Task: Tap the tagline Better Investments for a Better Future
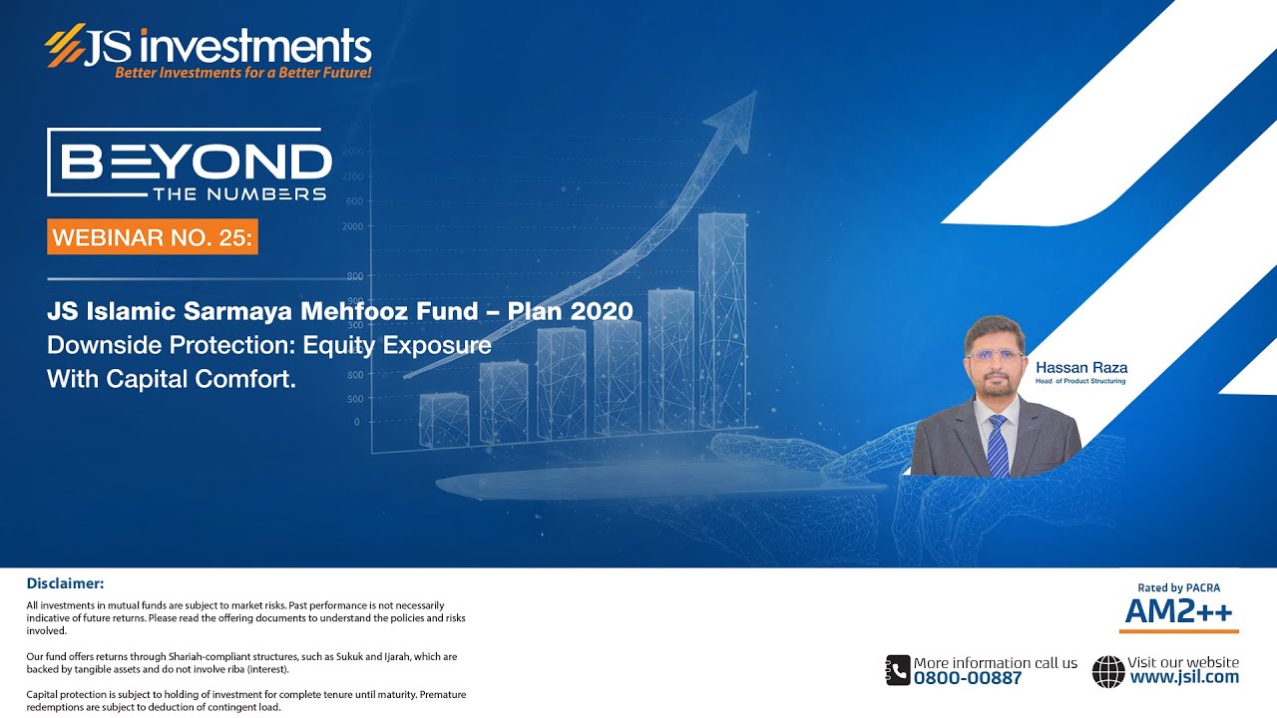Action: click(242, 73)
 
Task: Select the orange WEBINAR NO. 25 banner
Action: click(152, 237)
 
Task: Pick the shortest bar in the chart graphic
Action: click(443, 419)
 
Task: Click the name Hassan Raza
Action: click(1081, 368)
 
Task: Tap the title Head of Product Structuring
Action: click(1080, 381)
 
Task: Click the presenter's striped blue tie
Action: click(997, 446)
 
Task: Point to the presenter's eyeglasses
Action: click(995, 355)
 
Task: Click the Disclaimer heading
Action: click(65, 583)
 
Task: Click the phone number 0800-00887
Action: click(968, 678)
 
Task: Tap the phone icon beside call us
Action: click(897, 670)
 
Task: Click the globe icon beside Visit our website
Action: click(1107, 670)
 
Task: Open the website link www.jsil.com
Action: click(1184, 677)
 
